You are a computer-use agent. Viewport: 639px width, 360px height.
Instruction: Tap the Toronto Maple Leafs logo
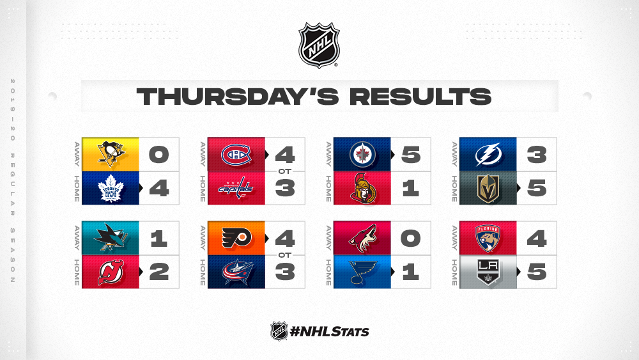click(x=111, y=189)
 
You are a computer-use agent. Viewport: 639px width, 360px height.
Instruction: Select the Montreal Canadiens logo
click(x=236, y=155)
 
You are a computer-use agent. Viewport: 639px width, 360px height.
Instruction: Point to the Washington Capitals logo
click(x=236, y=189)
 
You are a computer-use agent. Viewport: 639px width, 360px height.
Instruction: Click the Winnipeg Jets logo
click(x=362, y=155)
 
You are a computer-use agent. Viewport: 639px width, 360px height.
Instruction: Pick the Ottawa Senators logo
click(x=363, y=189)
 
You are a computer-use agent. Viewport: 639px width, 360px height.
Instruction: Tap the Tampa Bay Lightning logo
click(x=488, y=155)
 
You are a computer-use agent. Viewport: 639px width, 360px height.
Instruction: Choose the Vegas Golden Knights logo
click(x=488, y=189)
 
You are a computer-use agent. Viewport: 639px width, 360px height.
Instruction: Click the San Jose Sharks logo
click(x=111, y=238)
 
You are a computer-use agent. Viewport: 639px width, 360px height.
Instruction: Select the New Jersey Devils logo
click(x=111, y=272)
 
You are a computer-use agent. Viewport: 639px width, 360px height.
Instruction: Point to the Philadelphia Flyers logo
click(x=236, y=238)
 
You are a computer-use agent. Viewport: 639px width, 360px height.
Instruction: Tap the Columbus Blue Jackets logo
click(x=237, y=272)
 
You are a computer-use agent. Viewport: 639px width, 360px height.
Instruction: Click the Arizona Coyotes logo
click(x=362, y=238)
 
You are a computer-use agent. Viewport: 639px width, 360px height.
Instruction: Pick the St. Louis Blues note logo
click(x=362, y=272)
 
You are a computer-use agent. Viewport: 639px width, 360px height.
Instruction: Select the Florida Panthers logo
click(x=488, y=238)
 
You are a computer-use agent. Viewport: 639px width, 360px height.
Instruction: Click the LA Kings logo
click(x=488, y=272)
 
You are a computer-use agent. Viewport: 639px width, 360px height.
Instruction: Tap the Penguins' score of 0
click(x=158, y=155)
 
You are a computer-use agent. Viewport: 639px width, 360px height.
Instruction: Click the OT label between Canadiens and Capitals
click(x=284, y=171)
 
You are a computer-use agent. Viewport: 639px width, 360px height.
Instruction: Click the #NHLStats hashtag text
click(x=329, y=331)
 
